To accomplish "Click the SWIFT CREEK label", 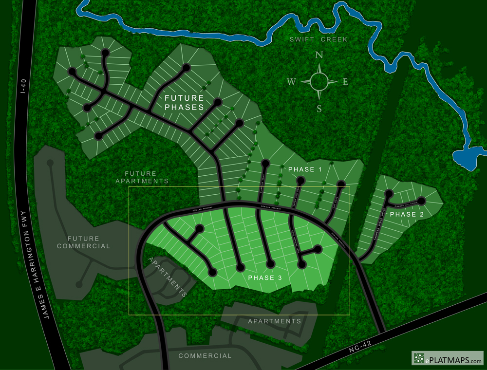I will click(x=319, y=39).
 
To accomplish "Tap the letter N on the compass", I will click(x=319, y=55).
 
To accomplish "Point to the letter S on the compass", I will click(x=319, y=109).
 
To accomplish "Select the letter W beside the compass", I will click(x=291, y=82).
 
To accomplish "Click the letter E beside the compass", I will click(x=345, y=82).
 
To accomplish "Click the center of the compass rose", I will click(x=319, y=81).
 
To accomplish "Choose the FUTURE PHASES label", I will click(x=184, y=102).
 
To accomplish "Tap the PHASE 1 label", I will click(x=305, y=169).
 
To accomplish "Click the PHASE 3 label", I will click(x=265, y=277).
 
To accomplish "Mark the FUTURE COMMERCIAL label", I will click(x=83, y=242).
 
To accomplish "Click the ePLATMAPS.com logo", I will click(x=448, y=359).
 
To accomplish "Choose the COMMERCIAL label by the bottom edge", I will click(x=205, y=356).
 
